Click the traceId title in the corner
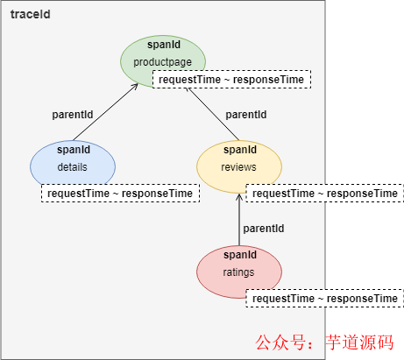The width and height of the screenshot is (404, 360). coord(31,15)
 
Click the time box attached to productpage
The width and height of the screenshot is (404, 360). coord(231,80)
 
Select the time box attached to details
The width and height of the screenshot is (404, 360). coord(119,193)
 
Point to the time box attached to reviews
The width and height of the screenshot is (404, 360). coord(324,193)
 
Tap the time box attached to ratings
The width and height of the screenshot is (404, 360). coord(324,299)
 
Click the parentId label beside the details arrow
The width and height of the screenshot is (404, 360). coord(73,114)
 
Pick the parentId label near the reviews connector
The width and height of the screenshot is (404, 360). coord(245,115)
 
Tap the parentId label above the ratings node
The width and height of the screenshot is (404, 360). coord(263,229)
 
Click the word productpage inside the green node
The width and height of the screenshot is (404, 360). coord(161,62)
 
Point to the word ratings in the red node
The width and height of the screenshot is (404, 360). coord(238,272)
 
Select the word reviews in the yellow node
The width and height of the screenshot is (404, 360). coord(238,166)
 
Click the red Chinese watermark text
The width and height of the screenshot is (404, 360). coord(324,342)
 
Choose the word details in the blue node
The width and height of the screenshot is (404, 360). coord(73,166)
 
